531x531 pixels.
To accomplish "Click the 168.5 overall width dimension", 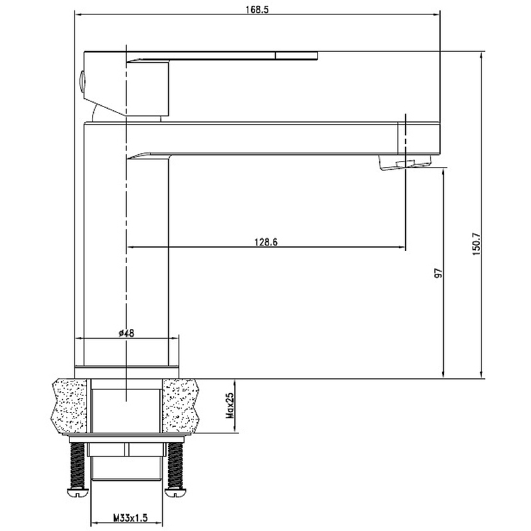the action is pos(257,9).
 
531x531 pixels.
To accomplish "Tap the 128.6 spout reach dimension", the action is pos(266,242).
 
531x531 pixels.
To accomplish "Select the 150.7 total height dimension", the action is pos(477,244).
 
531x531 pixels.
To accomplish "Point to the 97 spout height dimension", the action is pos(439,273).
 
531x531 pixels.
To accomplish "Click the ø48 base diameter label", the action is pos(127,333).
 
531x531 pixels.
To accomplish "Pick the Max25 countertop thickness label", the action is pos(230,406).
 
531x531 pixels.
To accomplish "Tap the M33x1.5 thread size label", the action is pos(130,518).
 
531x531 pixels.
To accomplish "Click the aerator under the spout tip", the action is pos(405,162).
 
